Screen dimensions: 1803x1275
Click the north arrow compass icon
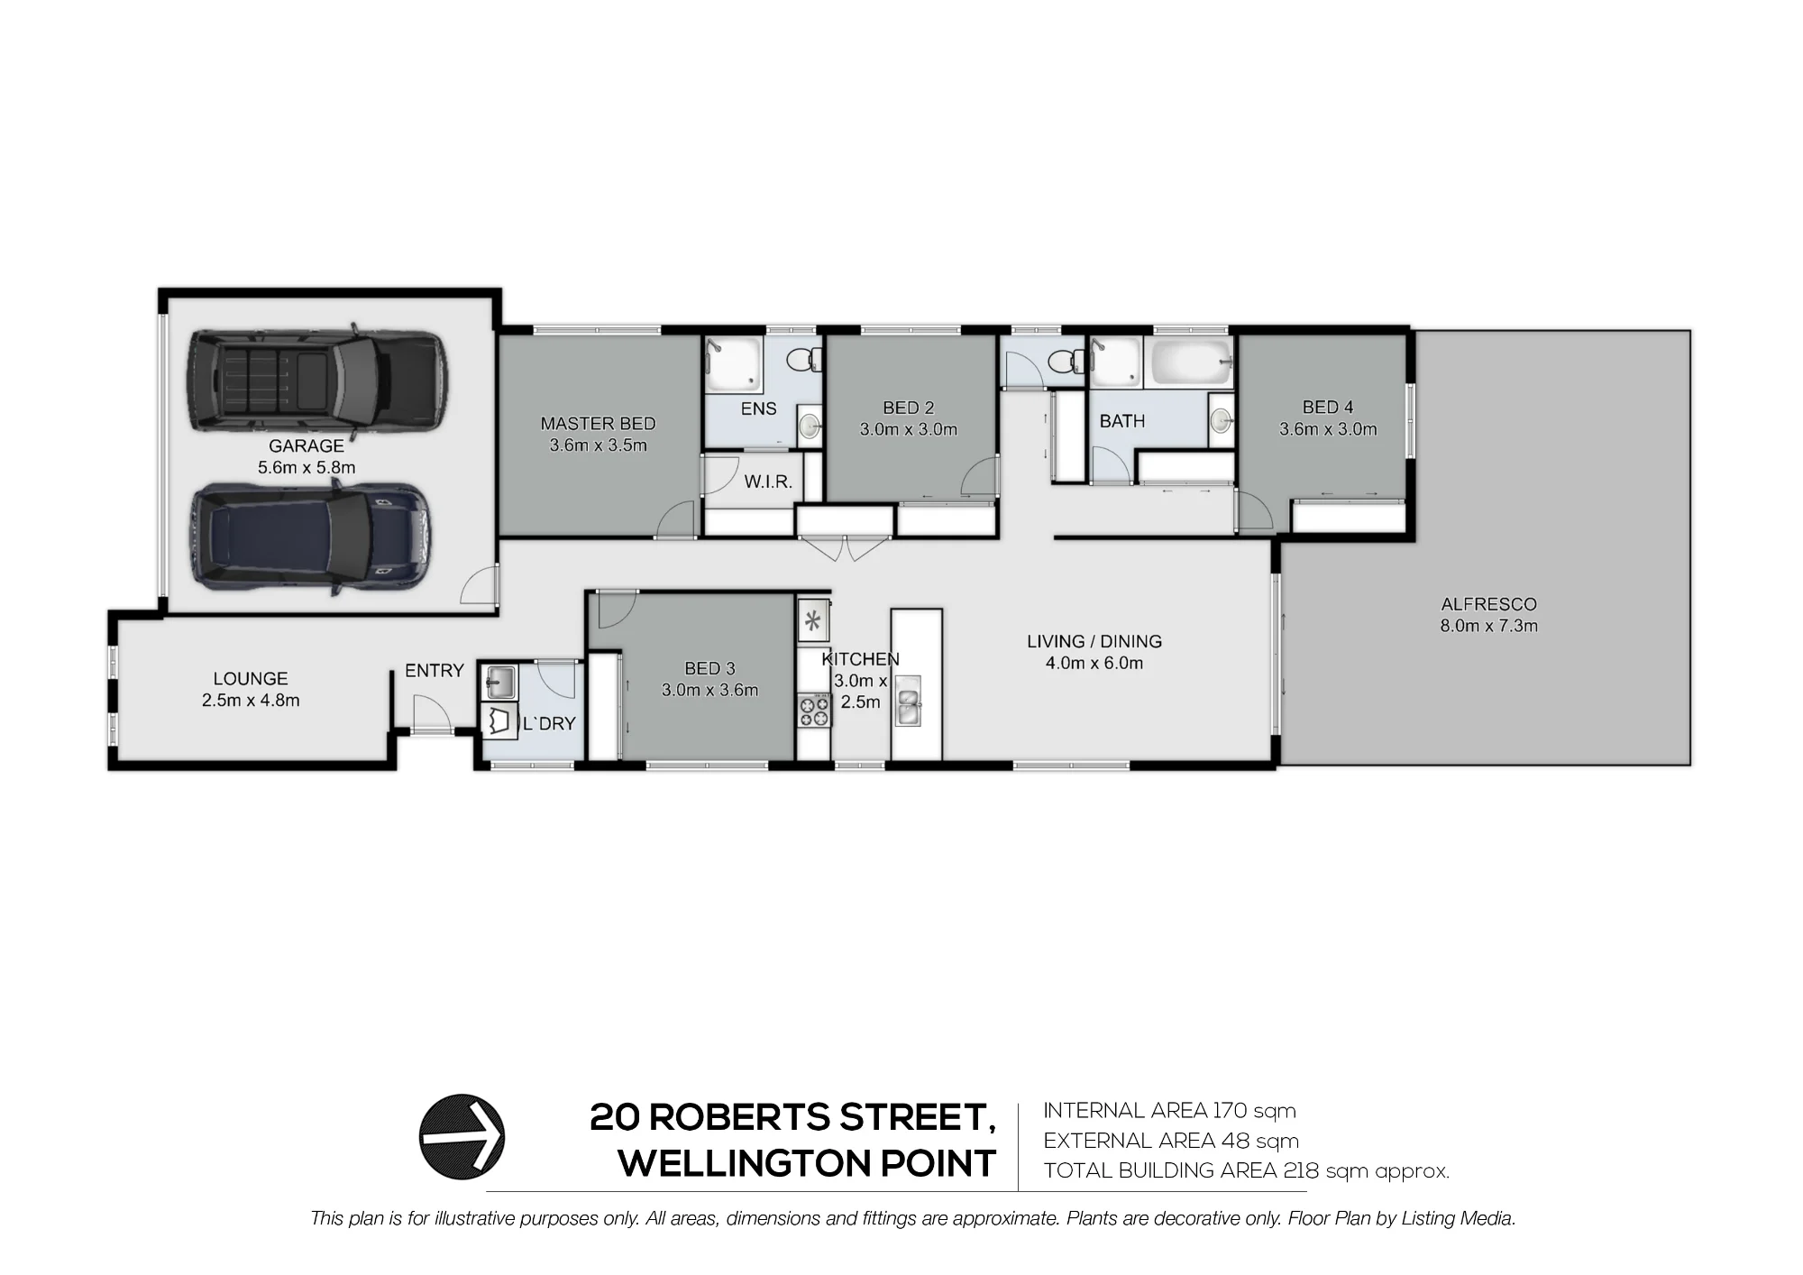pyautogui.click(x=462, y=1137)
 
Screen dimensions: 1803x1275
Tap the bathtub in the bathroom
pyautogui.click(x=1188, y=362)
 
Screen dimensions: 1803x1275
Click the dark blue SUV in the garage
pyautogui.click(x=309, y=537)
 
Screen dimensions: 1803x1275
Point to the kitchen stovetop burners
pyautogui.click(x=813, y=710)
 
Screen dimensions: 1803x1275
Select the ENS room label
pyautogui.click(x=758, y=408)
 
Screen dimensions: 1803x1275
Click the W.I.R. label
pyautogui.click(x=768, y=482)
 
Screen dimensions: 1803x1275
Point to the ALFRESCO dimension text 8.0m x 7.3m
pyautogui.click(x=1488, y=626)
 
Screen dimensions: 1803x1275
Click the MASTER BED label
pyautogui.click(x=598, y=423)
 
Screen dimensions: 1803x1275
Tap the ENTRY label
pyautogui.click(x=434, y=670)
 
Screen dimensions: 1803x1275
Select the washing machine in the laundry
pyautogui.click(x=500, y=722)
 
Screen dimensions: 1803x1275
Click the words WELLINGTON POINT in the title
pyautogui.click(x=807, y=1163)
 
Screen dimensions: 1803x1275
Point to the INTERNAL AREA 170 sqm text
pyautogui.click(x=1169, y=1110)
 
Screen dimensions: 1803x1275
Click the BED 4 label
pyautogui.click(x=1328, y=408)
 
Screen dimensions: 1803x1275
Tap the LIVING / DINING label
pyautogui.click(x=1094, y=641)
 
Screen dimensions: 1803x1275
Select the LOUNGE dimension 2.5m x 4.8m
pyautogui.click(x=251, y=700)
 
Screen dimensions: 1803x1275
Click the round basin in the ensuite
pyautogui.click(x=810, y=425)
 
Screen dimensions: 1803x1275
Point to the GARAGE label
pyautogui.click(x=307, y=445)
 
